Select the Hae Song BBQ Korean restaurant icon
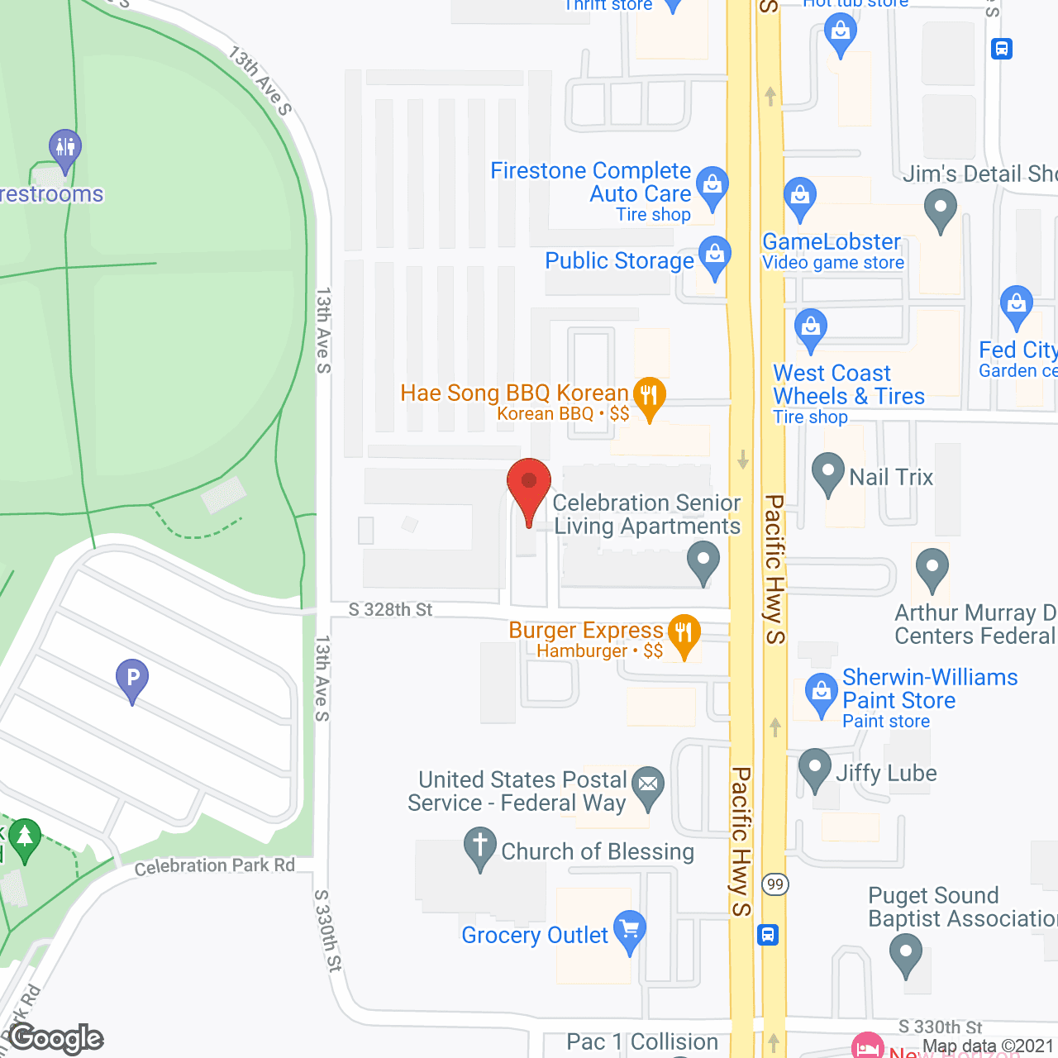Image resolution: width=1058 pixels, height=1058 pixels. tap(650, 395)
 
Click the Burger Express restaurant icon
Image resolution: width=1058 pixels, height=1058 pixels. tap(684, 634)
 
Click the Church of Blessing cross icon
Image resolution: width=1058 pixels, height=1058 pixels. tap(479, 848)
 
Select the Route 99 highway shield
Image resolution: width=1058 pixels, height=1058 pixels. tap(774, 884)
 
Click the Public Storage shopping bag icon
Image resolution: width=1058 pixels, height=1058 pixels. tap(715, 255)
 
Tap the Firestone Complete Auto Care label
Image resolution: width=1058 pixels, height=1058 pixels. tap(590, 182)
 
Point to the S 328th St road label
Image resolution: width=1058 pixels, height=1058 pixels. tap(390, 610)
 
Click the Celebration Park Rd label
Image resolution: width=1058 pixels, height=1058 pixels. tap(215, 866)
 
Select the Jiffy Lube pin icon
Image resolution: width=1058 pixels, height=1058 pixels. tap(815, 769)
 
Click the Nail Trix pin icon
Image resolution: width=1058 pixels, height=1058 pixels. tap(827, 473)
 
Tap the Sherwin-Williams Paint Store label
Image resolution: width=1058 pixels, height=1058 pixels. tap(929, 689)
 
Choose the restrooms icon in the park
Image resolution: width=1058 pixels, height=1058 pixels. tap(64, 149)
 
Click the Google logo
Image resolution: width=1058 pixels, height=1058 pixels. tap(56, 1038)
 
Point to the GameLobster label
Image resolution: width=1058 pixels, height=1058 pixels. tap(831, 242)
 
